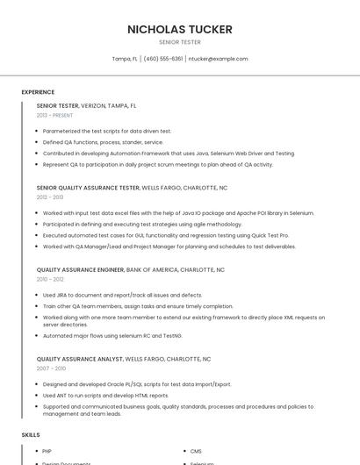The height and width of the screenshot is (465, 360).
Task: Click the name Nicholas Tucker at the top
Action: (x=180, y=29)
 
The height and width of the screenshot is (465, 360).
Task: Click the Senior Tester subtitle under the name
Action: (x=180, y=42)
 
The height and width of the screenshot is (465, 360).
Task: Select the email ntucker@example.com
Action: (x=219, y=59)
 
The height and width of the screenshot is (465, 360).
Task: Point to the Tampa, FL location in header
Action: (x=125, y=59)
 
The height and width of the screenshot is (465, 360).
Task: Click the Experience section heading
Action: (x=38, y=92)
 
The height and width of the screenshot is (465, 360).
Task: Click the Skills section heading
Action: (x=31, y=435)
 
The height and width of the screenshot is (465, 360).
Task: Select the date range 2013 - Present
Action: (x=54, y=115)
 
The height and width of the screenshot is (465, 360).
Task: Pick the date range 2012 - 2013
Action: (x=50, y=197)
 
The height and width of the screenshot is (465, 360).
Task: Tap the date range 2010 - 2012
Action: (x=50, y=279)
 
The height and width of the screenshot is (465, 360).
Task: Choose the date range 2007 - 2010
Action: (x=51, y=368)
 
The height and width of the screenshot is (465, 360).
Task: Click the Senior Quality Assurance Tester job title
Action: (x=88, y=188)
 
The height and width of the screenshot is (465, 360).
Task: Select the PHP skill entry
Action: (x=47, y=451)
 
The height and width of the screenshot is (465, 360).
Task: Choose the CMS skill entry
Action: (x=196, y=451)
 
